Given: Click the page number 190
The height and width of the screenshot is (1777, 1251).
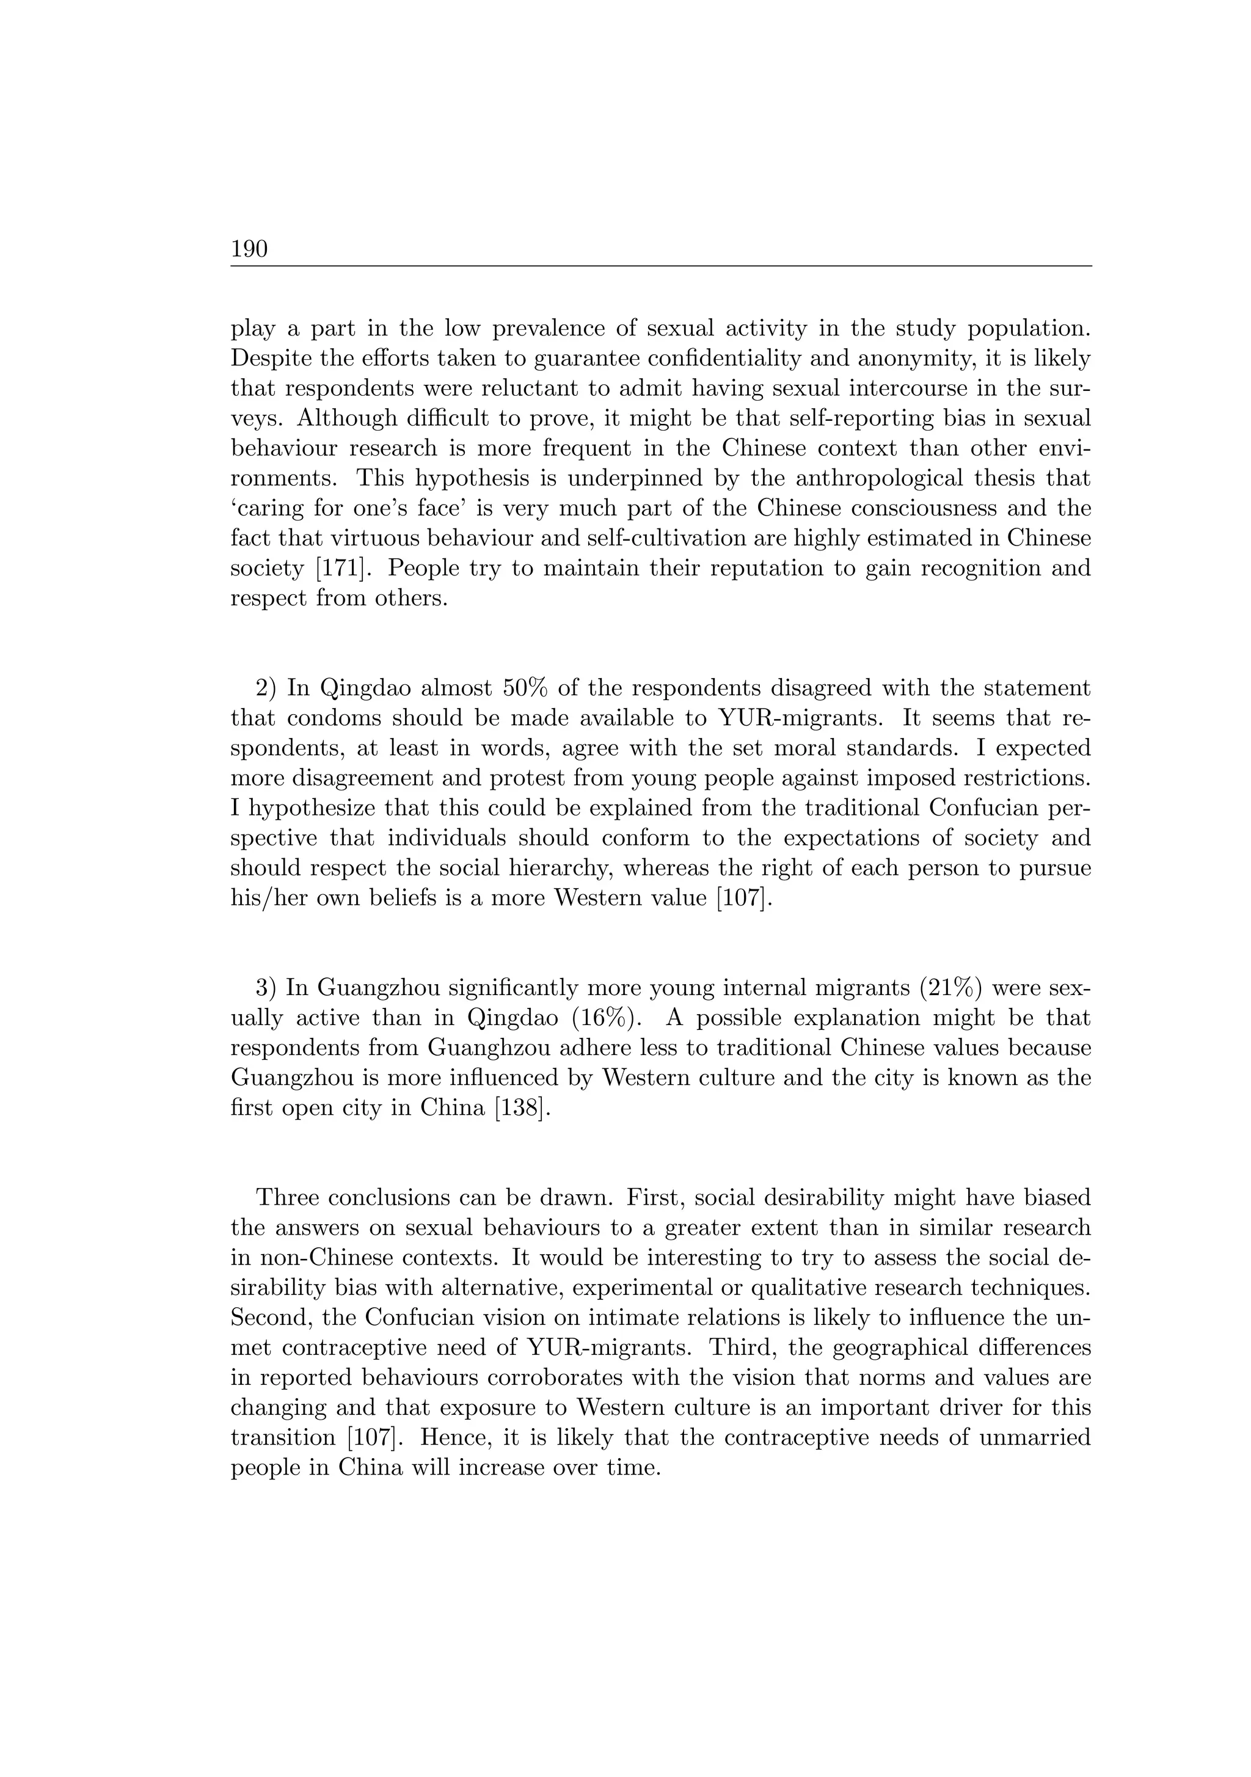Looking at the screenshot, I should (x=249, y=249).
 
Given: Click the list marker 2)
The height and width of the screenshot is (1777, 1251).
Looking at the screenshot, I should (x=266, y=688).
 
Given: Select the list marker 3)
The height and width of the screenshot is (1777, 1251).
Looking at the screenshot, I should (x=266, y=988).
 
